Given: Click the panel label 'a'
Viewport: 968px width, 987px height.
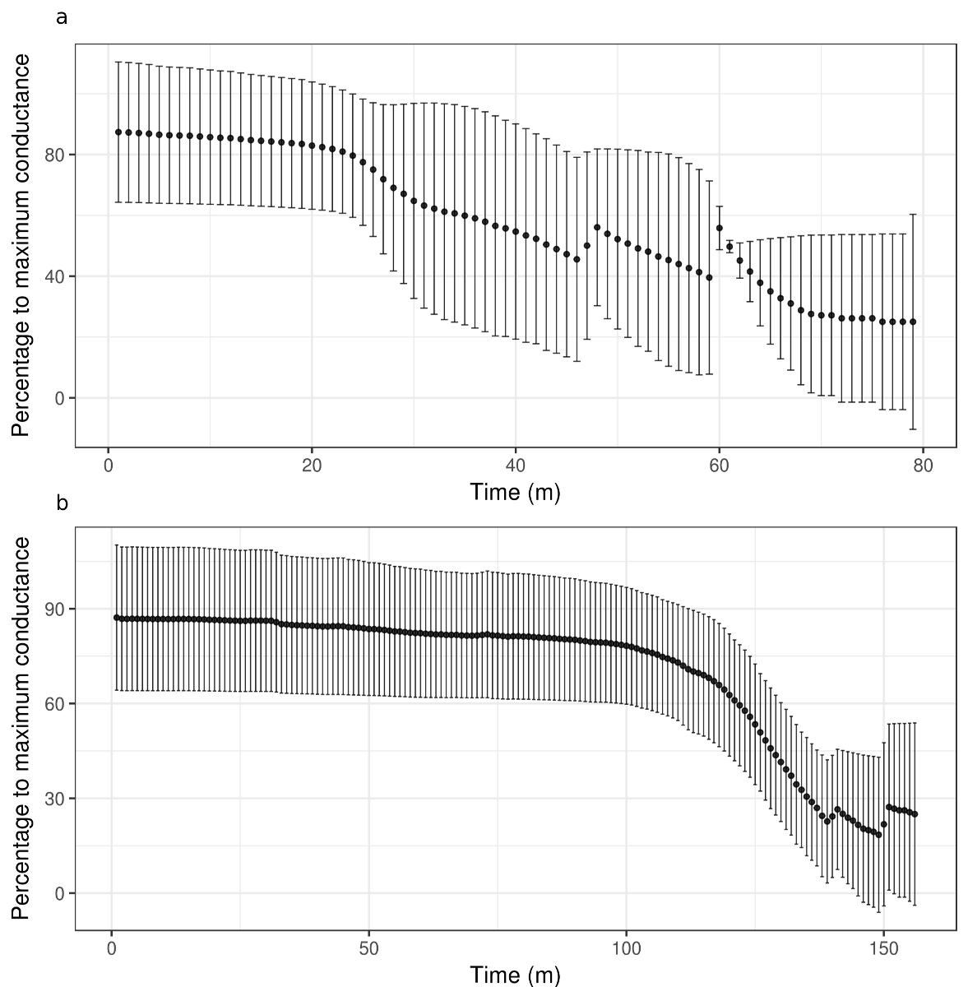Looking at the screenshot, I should [61, 17].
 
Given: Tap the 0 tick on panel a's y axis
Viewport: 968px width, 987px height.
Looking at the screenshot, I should [59, 398].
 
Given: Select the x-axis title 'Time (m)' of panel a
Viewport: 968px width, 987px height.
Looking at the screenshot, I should [515, 492].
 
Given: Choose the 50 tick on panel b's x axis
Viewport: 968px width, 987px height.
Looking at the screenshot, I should [368, 948].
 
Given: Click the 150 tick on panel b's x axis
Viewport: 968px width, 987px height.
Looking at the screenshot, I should [883, 948].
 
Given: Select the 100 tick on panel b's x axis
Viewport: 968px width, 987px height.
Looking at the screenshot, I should [626, 948].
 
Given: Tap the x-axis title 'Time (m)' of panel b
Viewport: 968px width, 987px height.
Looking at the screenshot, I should [515, 975].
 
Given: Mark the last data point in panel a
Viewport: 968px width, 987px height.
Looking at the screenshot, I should [913, 322].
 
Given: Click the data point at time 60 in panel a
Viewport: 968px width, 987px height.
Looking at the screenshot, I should [720, 228].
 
